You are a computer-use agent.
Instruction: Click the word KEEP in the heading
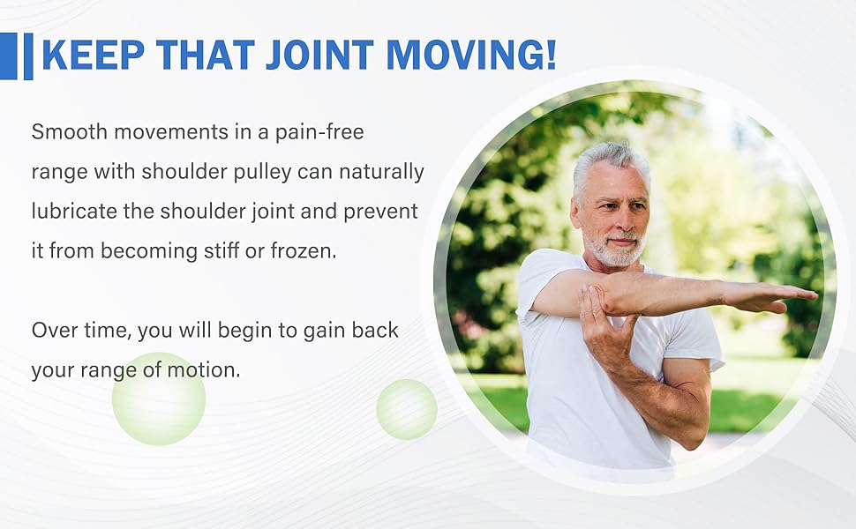point(93,55)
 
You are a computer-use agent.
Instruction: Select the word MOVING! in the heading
point(471,55)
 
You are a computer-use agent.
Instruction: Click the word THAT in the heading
point(206,55)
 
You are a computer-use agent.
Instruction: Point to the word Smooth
point(70,132)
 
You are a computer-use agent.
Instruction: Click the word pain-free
point(319,132)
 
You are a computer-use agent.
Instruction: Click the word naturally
point(381,172)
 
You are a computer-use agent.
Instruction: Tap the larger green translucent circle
point(159,399)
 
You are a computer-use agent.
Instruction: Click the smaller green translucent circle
point(407,410)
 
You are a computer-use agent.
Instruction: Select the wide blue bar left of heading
point(8,56)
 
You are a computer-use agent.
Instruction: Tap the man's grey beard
point(614,248)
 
